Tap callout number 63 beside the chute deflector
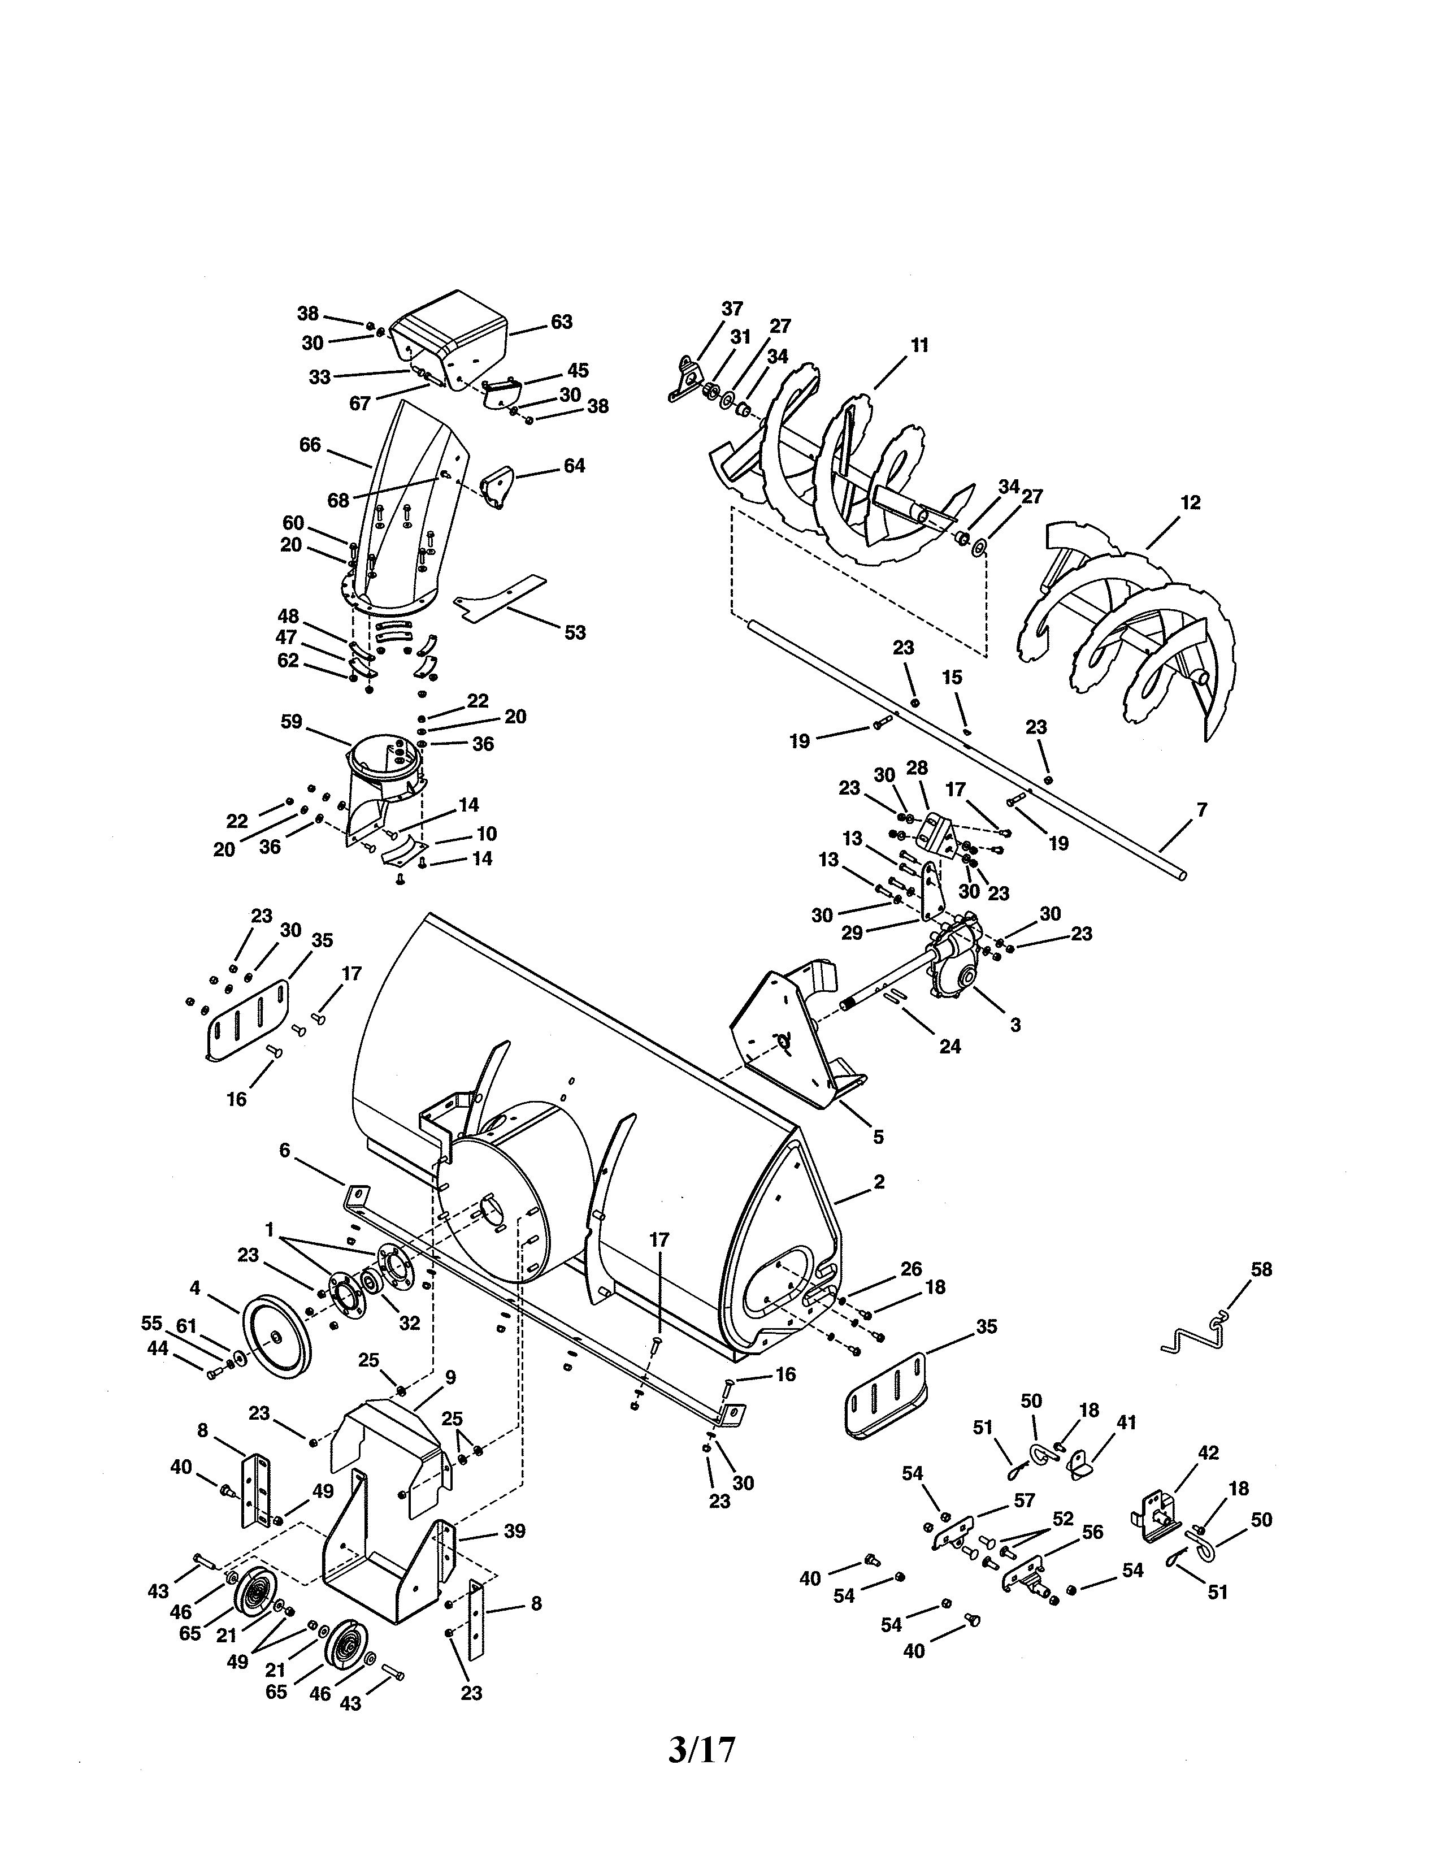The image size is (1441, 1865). (561, 322)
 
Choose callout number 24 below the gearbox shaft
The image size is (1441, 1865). (950, 1046)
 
